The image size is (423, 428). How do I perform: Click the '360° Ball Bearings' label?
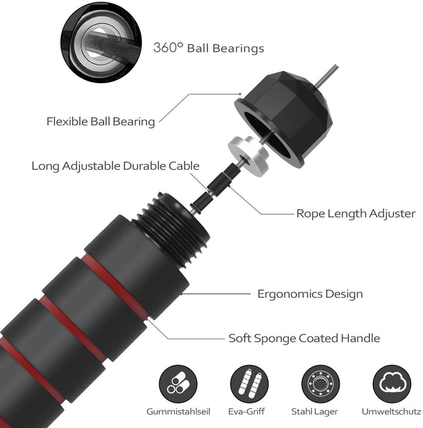pos(209,48)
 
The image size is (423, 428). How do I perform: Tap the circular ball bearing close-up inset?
pos(101,42)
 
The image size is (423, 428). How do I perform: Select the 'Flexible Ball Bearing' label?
pos(100,122)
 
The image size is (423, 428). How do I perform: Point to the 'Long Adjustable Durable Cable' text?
pos(115,166)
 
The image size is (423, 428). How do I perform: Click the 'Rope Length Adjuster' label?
pos(356,213)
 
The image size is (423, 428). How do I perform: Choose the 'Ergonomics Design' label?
pos(310,294)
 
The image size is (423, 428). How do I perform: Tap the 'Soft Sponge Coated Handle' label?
pos(304,338)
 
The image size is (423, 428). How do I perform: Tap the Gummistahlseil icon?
pos(178,384)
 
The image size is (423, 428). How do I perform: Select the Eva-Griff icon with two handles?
pos(249,384)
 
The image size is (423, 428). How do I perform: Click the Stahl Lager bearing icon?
pos(321,384)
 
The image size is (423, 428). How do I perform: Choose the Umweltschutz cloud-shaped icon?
pos(392,384)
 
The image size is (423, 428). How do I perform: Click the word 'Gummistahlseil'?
pos(178,411)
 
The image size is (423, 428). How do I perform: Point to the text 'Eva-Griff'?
pos(247,411)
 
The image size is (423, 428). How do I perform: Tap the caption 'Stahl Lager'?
pos(315,411)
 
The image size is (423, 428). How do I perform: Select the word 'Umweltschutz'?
pos(391,411)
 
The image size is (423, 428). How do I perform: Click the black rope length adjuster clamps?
pos(216,188)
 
